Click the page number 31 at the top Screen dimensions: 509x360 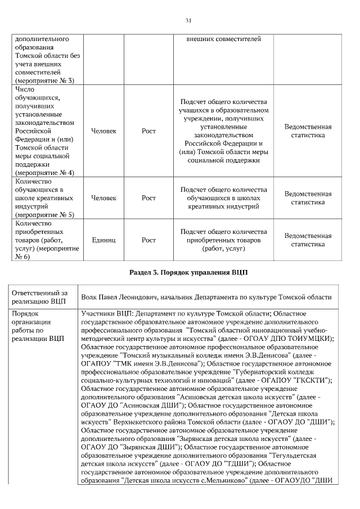[x=188, y=21]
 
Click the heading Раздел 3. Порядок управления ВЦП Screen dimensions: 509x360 [x=188, y=272]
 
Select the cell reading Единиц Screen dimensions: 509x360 [x=103, y=240]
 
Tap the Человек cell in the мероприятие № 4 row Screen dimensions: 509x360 [x=103, y=131]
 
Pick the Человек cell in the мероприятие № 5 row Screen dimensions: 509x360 [x=103, y=198]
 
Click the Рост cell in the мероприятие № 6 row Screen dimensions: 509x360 [x=148, y=240]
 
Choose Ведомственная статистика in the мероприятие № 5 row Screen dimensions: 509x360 [x=308, y=198]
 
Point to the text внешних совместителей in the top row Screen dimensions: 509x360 [x=223, y=40]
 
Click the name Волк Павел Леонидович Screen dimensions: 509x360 [x=120, y=296]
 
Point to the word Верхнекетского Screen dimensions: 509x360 [x=136, y=422]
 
